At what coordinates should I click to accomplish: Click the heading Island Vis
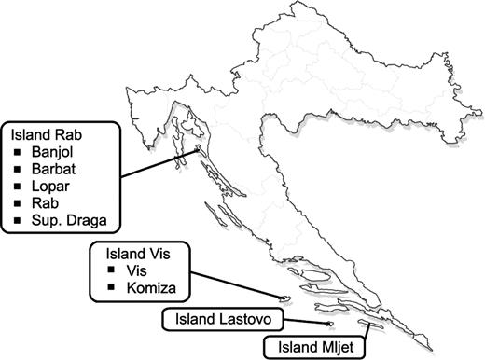point(130,253)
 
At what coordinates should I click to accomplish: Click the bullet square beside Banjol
point(19,150)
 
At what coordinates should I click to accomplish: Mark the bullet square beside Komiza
point(112,288)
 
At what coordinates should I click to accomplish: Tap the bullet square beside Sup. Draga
point(19,221)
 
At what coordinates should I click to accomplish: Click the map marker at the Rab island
point(198,148)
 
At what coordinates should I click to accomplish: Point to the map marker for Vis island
point(287,299)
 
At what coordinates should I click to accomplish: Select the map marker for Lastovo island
point(329,325)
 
